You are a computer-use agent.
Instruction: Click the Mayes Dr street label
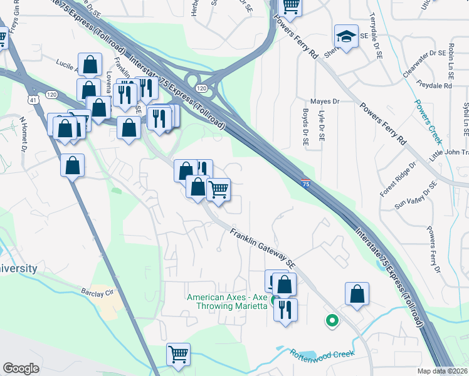(325, 101)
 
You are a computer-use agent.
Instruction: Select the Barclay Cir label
(95, 292)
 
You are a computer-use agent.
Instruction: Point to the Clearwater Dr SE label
(423, 65)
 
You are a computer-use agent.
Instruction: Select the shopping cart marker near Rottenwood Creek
(179, 355)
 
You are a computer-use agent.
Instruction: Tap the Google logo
(21, 368)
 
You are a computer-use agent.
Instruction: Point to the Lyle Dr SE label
(322, 128)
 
